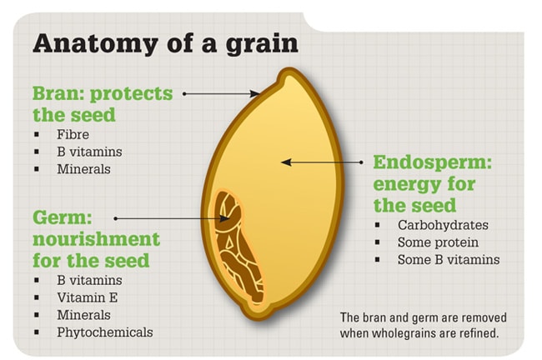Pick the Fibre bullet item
(73, 134)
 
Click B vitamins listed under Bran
(89, 152)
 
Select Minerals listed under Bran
(83, 169)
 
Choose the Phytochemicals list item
(105, 332)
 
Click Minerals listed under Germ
(83, 315)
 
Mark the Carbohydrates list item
(443, 225)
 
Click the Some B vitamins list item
(449, 260)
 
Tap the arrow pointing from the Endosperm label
(322, 162)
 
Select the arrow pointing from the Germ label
(172, 218)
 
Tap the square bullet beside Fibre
(38, 135)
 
